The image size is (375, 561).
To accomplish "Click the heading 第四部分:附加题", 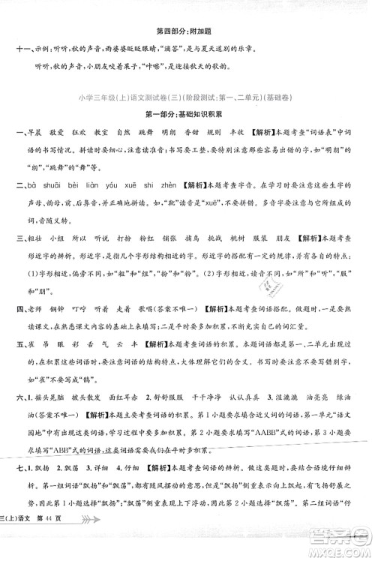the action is (x=187, y=31).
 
